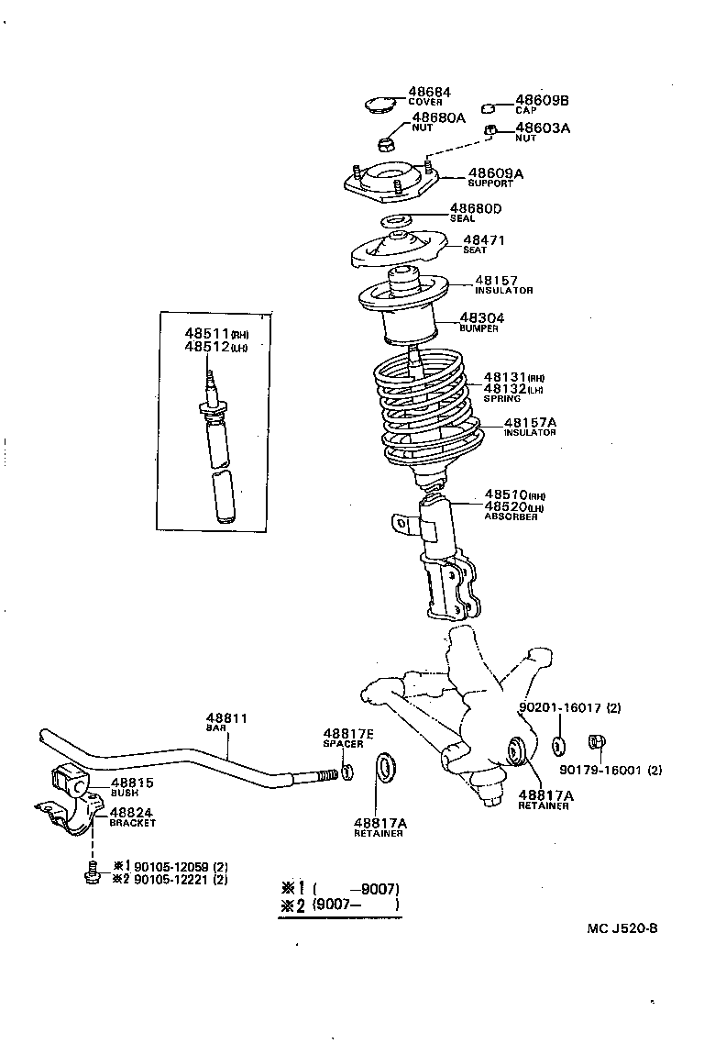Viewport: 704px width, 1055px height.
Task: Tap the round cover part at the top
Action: tap(378, 105)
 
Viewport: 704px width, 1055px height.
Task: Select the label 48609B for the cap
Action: tap(542, 100)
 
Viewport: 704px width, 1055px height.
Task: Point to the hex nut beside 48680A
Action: tap(386, 143)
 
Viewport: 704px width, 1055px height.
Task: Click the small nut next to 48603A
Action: tap(491, 129)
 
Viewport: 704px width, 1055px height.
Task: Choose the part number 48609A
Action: tap(495, 172)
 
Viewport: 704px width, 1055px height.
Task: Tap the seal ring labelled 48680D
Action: tap(394, 221)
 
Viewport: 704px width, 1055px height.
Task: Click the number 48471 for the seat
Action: tap(483, 240)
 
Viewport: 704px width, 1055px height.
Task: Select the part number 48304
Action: tap(481, 318)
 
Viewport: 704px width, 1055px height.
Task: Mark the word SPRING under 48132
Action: tap(501, 398)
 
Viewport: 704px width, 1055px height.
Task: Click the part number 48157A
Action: tap(530, 423)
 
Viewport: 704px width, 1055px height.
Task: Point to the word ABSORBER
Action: tap(511, 516)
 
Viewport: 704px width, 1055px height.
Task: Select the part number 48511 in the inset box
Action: tap(206, 335)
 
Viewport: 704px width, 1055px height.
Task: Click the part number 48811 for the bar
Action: tap(226, 718)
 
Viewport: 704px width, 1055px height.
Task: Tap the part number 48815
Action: tap(132, 783)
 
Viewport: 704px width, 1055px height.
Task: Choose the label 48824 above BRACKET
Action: tap(131, 812)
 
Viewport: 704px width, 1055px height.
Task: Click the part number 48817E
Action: tap(348, 733)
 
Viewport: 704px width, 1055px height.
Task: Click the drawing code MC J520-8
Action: tap(622, 927)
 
